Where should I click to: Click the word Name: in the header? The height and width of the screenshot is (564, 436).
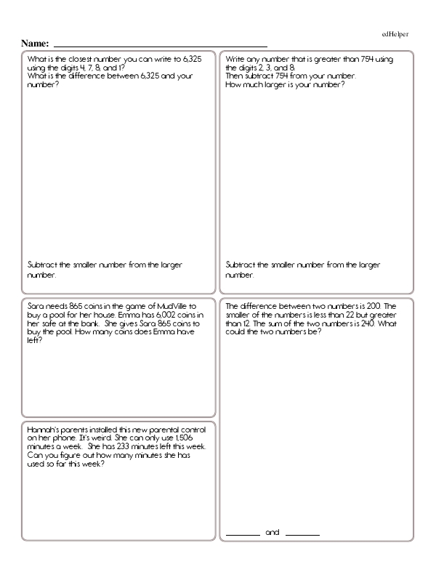coord(36,44)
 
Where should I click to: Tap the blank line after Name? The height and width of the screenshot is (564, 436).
coord(160,45)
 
